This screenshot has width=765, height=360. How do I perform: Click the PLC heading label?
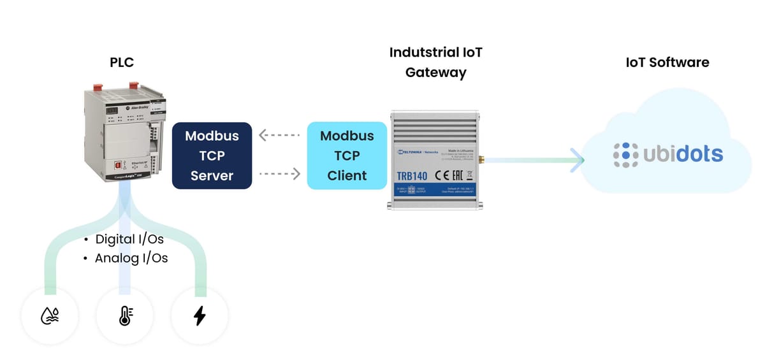[121, 62]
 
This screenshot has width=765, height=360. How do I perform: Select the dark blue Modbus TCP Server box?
[212, 155]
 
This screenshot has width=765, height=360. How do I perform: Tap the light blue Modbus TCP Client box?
[347, 155]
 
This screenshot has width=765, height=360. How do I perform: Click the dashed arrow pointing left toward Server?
[279, 136]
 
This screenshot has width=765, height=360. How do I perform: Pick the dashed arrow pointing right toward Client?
[279, 173]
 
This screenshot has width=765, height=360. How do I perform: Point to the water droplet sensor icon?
[50, 315]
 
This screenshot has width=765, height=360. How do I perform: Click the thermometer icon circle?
[125, 315]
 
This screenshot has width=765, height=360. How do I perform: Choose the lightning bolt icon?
[200, 315]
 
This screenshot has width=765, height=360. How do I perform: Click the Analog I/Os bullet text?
[131, 258]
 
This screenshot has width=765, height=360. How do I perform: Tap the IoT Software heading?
[667, 62]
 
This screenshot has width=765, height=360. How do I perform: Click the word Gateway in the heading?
[436, 73]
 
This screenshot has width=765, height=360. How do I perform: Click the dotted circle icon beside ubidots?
[625, 154]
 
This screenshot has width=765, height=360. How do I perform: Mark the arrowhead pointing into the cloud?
[577, 160]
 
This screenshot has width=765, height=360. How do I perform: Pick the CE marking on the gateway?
[443, 176]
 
